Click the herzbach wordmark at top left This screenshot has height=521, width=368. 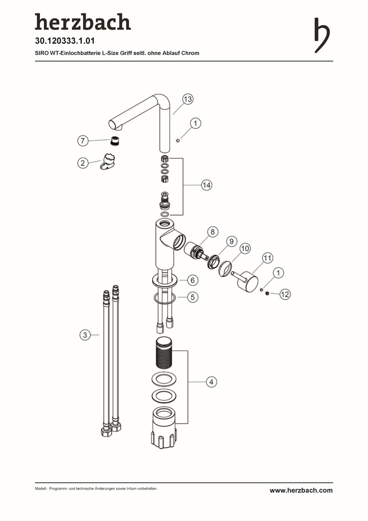point(83,22)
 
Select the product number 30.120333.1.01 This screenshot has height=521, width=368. point(65,41)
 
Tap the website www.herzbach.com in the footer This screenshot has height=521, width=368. point(301,491)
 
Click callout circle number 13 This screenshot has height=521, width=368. point(188,99)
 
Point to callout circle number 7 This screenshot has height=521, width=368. point(83,140)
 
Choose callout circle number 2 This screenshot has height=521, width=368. point(83,163)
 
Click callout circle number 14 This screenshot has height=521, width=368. point(207,185)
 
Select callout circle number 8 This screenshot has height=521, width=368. point(213,232)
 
